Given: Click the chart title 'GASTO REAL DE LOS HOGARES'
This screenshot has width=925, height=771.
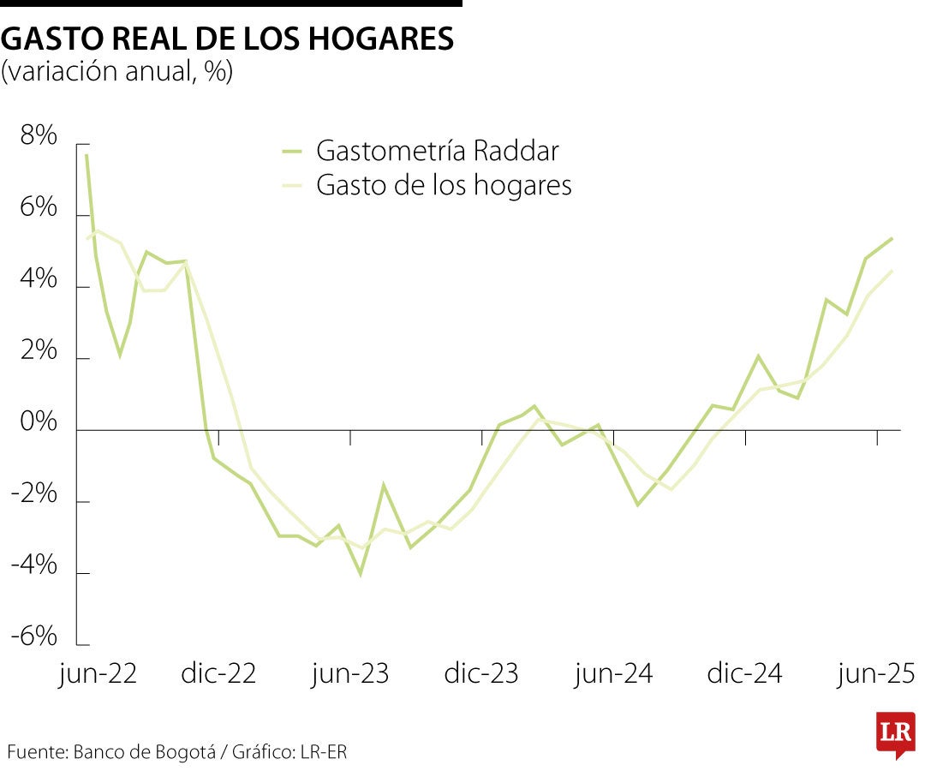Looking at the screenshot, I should click(228, 39).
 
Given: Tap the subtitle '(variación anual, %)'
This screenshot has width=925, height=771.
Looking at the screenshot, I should click(117, 72).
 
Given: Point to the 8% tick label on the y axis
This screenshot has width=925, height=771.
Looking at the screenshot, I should click(35, 136).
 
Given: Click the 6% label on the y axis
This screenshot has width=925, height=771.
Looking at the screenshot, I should click(35, 208).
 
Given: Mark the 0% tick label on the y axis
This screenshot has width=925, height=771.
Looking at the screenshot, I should click(35, 423).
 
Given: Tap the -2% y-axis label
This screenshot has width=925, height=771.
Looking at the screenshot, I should click(33, 495).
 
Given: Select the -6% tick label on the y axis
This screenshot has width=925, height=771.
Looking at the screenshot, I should click(33, 637).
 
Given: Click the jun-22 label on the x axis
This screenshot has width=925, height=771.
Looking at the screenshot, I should click(98, 673).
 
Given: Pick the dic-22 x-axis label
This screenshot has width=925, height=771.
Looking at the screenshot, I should click(218, 673).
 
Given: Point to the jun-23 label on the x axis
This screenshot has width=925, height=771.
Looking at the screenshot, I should click(349, 673).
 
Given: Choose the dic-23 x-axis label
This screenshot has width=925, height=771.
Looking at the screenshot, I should click(481, 673).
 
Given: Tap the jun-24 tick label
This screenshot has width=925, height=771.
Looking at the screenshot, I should click(613, 673).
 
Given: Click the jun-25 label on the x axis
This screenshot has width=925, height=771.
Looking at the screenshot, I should click(877, 673).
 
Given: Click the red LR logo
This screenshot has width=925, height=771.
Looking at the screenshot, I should click(895, 733).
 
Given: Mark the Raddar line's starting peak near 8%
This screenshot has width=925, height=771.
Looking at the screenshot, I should click(87, 155).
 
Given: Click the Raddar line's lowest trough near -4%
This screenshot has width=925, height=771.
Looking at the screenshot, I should click(361, 574).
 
